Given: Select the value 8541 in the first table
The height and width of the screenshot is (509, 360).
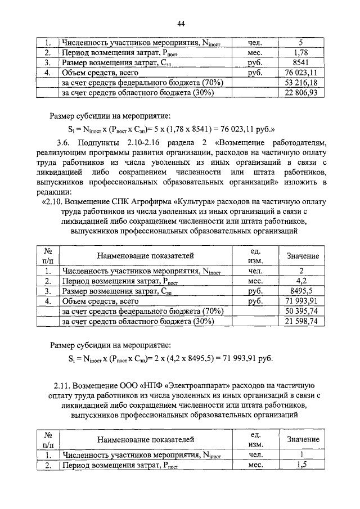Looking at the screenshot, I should click(302, 62).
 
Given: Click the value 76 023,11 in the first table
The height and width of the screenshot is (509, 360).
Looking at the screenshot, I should click(302, 73).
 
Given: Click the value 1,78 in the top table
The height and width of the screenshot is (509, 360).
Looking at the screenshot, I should click(302, 52).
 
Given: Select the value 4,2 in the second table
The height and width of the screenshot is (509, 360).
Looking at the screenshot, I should click(302, 281).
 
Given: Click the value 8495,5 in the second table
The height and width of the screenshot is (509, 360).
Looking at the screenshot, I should click(302, 291).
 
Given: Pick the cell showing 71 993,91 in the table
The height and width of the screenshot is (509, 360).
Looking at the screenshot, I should click(302, 301).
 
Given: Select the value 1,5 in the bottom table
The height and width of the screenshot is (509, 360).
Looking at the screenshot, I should click(302, 465).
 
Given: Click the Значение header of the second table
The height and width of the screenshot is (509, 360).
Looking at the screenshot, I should click(303, 256).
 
